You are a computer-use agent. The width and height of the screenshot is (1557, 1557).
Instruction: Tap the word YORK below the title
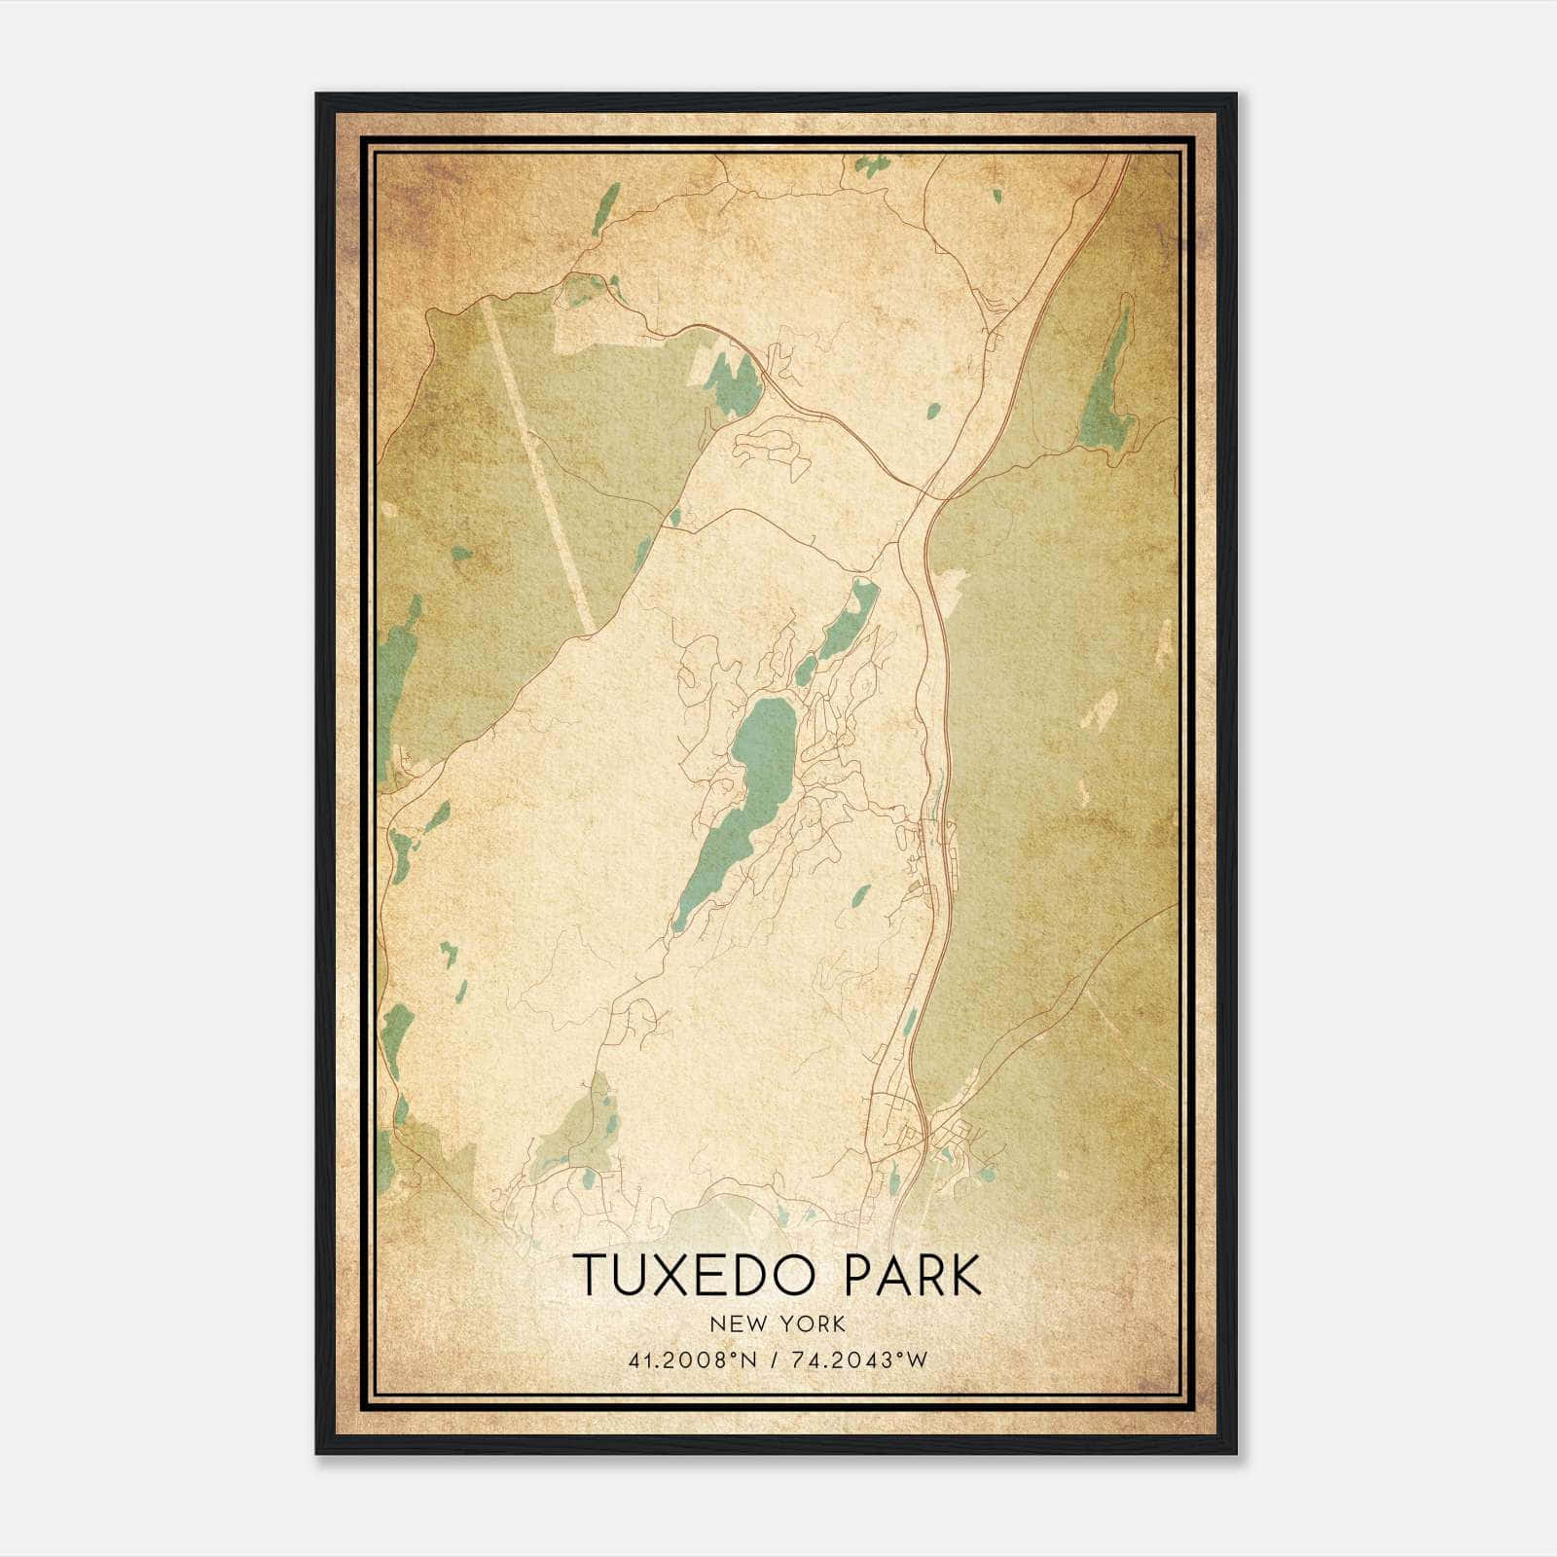[807, 1324]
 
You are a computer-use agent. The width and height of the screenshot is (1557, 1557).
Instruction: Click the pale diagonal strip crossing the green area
[540, 467]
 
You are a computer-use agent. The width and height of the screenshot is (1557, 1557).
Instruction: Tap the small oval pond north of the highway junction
[933, 411]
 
